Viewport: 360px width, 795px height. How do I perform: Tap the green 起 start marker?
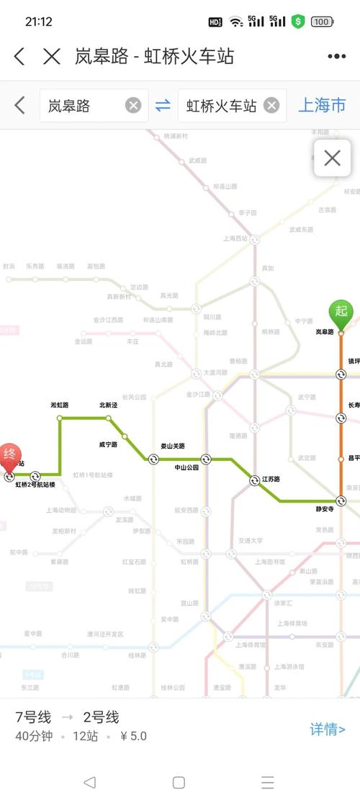tap(341, 312)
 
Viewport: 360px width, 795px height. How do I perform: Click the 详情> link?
tap(328, 729)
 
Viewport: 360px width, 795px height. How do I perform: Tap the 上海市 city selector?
tap(322, 105)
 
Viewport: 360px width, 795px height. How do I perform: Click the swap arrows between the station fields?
tap(163, 105)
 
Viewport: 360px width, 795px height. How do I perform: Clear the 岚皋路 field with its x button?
tap(133, 105)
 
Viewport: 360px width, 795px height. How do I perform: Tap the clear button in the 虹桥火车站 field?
tap(271, 105)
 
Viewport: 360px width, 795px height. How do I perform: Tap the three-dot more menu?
tap(336, 56)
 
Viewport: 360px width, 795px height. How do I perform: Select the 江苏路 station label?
tap(270, 479)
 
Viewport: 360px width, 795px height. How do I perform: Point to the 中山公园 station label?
tap(189, 467)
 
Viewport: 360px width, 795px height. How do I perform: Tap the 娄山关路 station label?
tap(172, 446)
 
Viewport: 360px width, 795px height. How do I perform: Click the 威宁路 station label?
tap(108, 444)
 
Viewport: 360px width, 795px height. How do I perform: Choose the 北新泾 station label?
tap(108, 405)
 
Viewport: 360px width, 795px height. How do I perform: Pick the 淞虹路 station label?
tap(60, 405)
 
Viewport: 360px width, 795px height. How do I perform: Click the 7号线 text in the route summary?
tap(33, 717)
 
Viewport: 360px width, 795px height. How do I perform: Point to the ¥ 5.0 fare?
tap(133, 736)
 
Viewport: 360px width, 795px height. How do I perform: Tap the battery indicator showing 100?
tap(321, 22)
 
